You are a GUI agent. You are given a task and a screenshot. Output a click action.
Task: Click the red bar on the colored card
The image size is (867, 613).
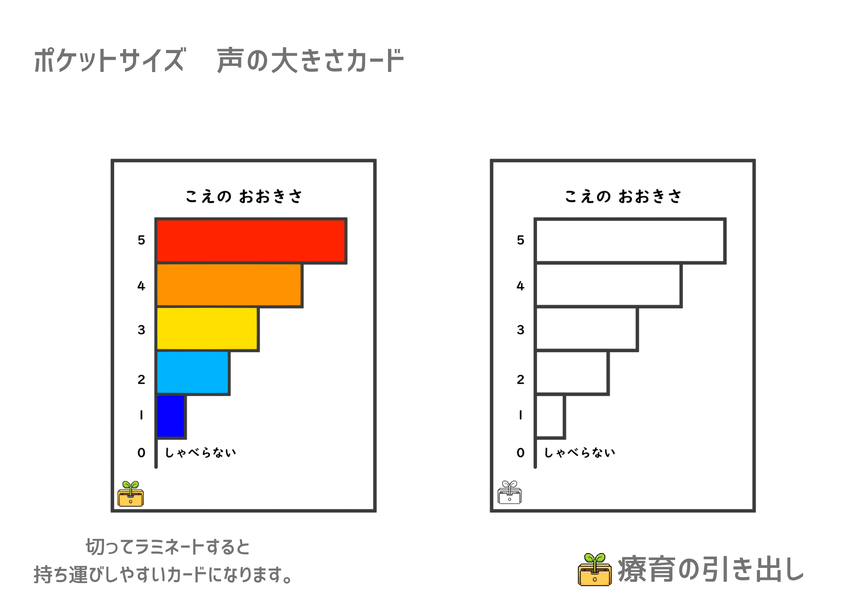tap(251, 241)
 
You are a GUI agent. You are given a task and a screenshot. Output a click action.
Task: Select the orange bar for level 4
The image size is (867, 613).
tap(229, 285)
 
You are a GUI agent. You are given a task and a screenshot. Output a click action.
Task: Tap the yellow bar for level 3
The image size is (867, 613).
tap(207, 329)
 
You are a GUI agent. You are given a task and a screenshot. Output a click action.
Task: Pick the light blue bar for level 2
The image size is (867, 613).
tap(192, 373)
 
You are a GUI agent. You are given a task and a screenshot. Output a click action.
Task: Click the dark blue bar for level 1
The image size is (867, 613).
tap(171, 416)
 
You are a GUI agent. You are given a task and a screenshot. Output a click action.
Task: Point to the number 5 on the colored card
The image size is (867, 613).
tap(141, 240)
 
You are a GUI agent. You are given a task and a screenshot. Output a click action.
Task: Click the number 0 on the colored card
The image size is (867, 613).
tap(141, 453)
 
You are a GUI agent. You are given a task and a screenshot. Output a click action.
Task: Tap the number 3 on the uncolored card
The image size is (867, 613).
tap(521, 330)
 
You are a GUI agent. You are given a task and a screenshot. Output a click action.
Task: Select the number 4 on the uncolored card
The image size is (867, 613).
tap(521, 286)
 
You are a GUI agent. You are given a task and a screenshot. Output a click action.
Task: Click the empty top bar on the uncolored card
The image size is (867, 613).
tap(630, 241)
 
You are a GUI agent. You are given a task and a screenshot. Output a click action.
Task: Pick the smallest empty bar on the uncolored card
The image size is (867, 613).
tap(550, 416)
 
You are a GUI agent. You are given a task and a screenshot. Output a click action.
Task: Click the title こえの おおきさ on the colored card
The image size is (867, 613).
tap(244, 196)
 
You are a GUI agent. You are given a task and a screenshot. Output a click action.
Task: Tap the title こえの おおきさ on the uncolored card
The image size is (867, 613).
tap(623, 196)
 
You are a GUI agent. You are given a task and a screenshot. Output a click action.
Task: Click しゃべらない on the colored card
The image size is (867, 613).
tap(201, 453)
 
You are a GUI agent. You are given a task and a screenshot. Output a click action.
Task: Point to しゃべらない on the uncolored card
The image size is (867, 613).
tap(580, 453)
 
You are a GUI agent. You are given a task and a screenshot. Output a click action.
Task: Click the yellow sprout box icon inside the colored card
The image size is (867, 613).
tap(130, 494)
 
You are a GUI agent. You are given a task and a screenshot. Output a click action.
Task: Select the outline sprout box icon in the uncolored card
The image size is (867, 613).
tap(510, 492)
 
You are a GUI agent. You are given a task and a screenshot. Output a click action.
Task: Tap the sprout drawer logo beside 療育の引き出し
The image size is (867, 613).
tap(595, 570)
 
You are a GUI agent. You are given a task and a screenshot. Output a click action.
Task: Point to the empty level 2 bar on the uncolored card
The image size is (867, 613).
tap(572, 373)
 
